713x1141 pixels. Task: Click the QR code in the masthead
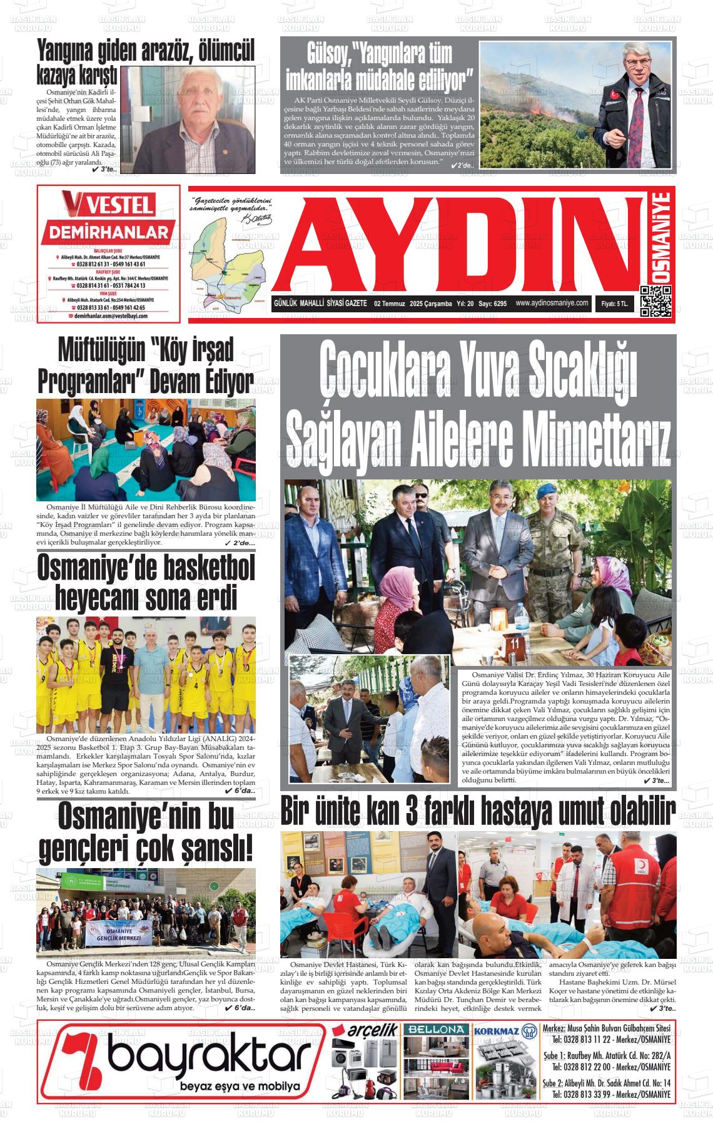click(x=655, y=301)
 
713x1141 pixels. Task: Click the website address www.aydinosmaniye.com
click(x=552, y=303)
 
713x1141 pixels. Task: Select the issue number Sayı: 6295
click(x=492, y=304)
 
